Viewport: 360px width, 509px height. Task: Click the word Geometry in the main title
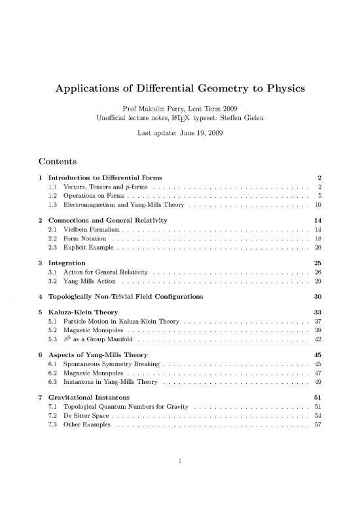click(216, 87)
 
